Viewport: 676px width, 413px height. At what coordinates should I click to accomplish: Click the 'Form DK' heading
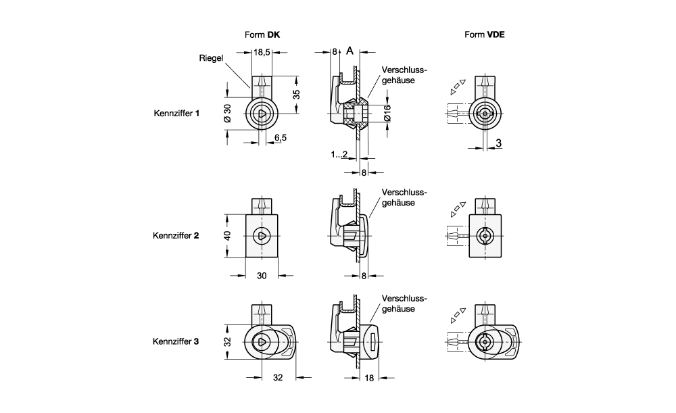pos(262,34)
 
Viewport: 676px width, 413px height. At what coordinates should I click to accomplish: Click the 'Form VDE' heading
pos(485,34)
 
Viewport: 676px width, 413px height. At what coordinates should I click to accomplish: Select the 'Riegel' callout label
pos(211,58)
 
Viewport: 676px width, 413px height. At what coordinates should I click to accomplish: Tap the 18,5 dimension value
pos(262,52)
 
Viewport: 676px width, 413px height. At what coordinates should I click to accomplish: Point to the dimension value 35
pos(296,94)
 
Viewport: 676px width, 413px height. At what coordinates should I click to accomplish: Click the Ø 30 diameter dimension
pos(227,114)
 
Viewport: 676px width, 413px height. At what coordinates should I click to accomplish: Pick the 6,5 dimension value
pos(279,137)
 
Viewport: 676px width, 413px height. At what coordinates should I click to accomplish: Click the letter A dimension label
pos(350,51)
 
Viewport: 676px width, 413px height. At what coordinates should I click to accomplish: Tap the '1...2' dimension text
pos(339,155)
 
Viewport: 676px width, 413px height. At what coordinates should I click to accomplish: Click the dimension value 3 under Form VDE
pos(498,143)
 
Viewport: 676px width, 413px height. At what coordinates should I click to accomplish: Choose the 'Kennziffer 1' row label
pos(177,114)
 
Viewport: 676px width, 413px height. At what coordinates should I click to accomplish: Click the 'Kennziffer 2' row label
pos(177,236)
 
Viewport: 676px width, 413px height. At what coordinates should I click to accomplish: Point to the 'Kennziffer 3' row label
pos(177,342)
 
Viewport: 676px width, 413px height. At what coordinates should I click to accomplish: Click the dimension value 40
pos(228,235)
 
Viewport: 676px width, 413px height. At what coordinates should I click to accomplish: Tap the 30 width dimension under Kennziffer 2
pos(262,276)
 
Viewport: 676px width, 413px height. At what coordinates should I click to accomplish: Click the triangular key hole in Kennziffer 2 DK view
pos(262,235)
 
